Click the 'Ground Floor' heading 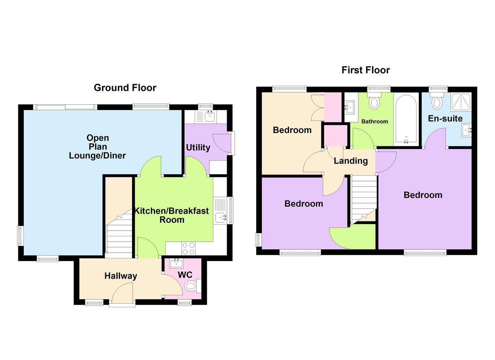pyautogui.click(x=125, y=88)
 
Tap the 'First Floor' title pyautogui.click(x=365, y=70)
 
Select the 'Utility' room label pyautogui.click(x=198, y=147)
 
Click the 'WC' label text pyautogui.click(x=185, y=275)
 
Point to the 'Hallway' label pyautogui.click(x=121, y=276)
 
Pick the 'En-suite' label pyautogui.click(x=445, y=118)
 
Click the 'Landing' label pyautogui.click(x=351, y=161)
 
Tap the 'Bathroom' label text pyautogui.click(x=375, y=121)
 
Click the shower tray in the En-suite pyautogui.click(x=461, y=102)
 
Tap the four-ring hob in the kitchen pyautogui.click(x=188, y=248)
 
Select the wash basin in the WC pyautogui.click(x=176, y=263)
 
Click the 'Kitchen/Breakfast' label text pyautogui.click(x=171, y=211)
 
